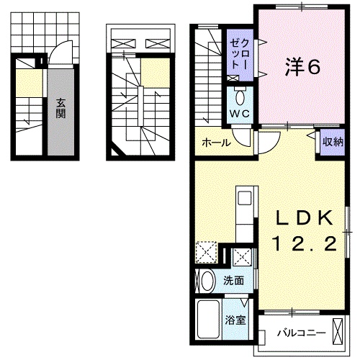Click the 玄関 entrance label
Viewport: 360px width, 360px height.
60,112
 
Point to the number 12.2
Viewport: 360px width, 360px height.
305,245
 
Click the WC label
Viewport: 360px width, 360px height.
239,113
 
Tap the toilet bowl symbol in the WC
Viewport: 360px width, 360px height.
240,96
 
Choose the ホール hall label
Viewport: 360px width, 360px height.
216,143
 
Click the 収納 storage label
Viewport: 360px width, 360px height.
332,142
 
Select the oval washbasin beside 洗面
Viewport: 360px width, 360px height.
206,281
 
